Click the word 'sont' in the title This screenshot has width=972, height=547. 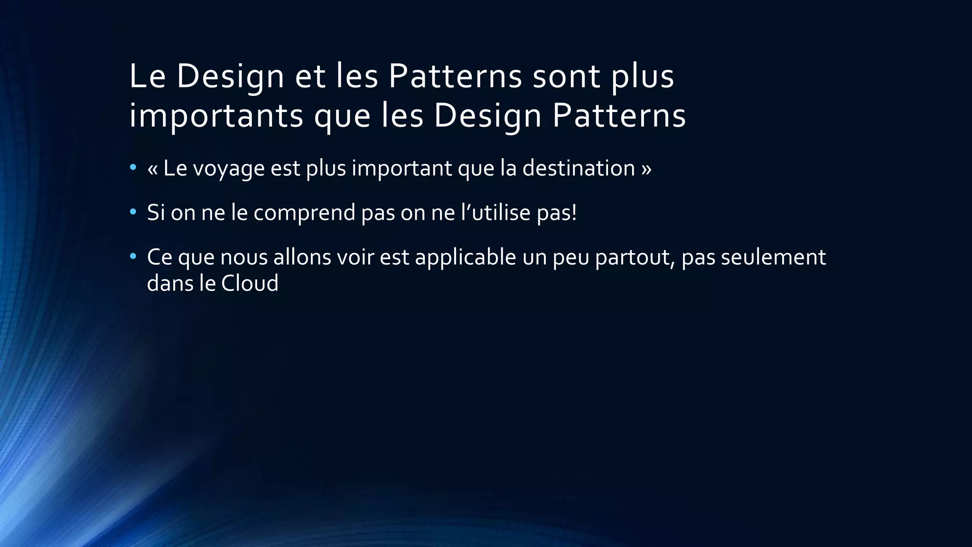pyautogui.click(x=566, y=76)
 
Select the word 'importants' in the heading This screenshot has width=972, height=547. pyautogui.click(x=216, y=116)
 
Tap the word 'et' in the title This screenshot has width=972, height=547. pyautogui.click(x=310, y=76)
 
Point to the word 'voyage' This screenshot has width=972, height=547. pyautogui.click(x=228, y=169)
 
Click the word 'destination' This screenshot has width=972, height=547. pyautogui.click(x=579, y=168)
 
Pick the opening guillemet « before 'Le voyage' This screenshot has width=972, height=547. pyautogui.click(x=152, y=169)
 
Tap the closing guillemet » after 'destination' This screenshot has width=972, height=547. pyautogui.click(x=646, y=169)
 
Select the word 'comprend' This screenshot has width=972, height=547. pyautogui.click(x=304, y=213)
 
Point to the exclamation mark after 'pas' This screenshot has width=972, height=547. pyautogui.click(x=574, y=212)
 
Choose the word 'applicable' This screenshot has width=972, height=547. pyautogui.click(x=465, y=258)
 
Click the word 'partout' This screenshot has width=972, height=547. pyautogui.click(x=635, y=258)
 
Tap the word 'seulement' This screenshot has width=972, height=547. pyautogui.click(x=773, y=257)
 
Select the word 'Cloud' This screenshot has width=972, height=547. pyautogui.click(x=250, y=283)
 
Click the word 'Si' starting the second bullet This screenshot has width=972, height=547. pyautogui.click(x=156, y=212)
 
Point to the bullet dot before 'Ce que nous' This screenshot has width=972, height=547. pyautogui.click(x=133, y=257)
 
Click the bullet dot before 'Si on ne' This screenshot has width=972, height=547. pyautogui.click(x=133, y=212)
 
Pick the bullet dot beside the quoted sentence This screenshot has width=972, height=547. pyautogui.click(x=133, y=168)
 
